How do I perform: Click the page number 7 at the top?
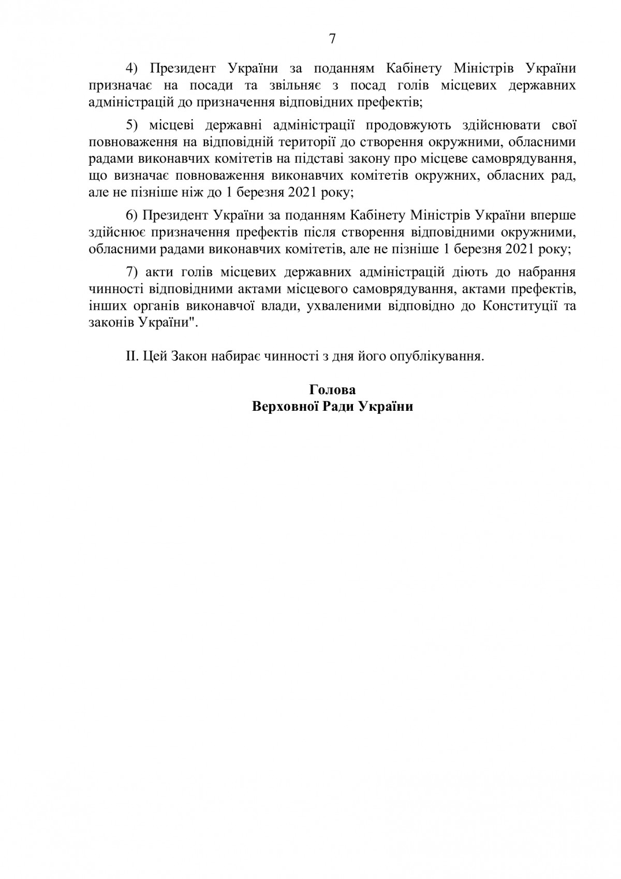(332, 39)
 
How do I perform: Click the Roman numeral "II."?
(132, 356)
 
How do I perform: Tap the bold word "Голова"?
(332, 390)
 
